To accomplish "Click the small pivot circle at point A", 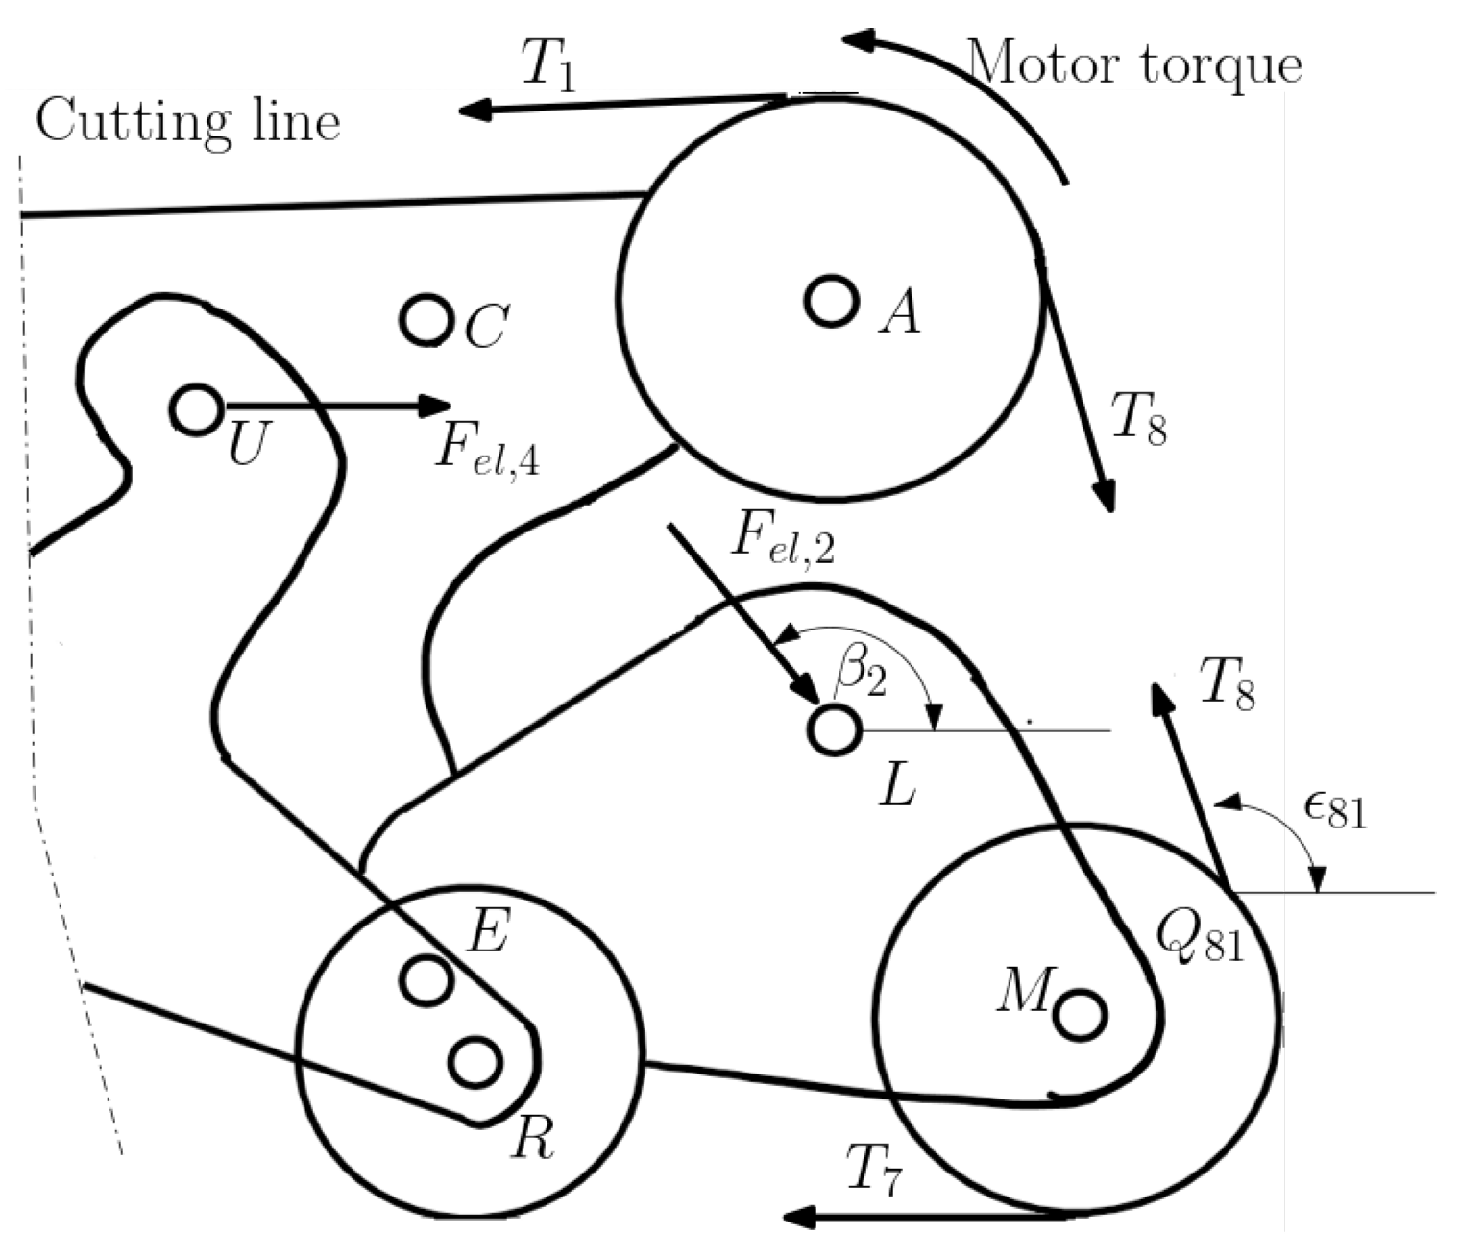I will (x=831, y=302).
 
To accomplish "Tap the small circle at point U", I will (x=197, y=408).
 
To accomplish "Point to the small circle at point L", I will (x=833, y=729).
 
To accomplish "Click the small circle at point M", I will (x=1081, y=1014).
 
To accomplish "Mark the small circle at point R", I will (x=475, y=1062).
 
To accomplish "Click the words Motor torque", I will (x=1135, y=65).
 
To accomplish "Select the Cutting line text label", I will (x=188, y=123).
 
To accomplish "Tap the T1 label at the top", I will (x=549, y=67).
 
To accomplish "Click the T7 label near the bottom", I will (x=874, y=1171).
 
